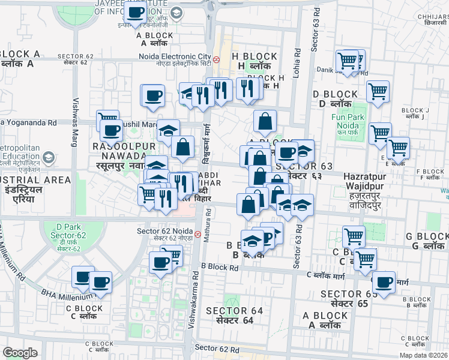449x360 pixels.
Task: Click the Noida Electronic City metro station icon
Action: (215, 60)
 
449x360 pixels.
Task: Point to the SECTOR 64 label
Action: (234, 311)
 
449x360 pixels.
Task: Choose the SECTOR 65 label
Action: (349, 294)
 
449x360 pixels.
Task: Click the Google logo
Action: (20, 353)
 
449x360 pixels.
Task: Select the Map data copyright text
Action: (423, 355)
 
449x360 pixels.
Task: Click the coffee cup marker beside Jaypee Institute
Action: (136, 13)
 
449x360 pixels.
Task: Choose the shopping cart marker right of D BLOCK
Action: (378, 92)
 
